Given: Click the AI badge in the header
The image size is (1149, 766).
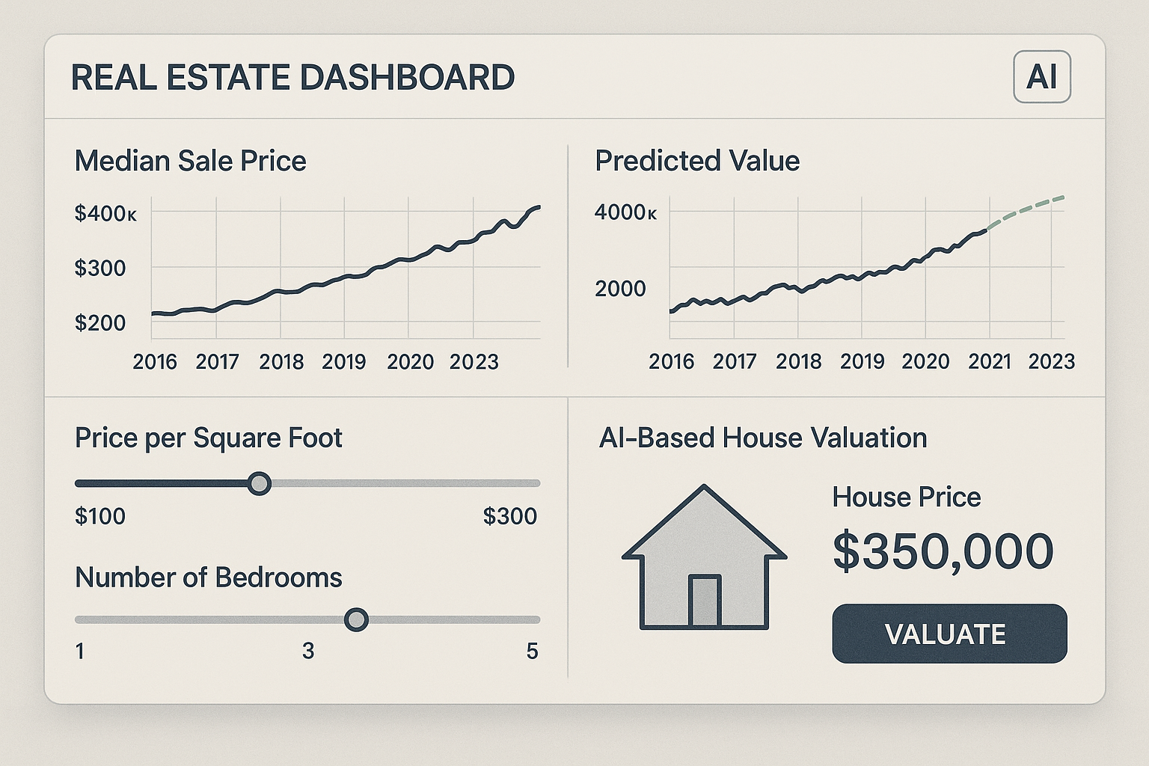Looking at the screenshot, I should click(1041, 77).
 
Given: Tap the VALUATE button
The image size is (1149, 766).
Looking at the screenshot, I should click(949, 634).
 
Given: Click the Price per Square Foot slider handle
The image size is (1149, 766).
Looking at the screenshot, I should click(259, 483).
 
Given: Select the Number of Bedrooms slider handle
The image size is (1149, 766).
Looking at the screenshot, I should click(356, 619).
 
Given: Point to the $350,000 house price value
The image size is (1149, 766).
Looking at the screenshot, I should click(943, 551).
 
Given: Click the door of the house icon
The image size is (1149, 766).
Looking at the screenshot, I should click(704, 601).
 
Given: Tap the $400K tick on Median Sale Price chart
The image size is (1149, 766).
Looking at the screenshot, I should click(105, 214).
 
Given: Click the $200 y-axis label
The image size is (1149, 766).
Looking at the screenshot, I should click(100, 323).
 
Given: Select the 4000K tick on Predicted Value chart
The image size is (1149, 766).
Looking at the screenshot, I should click(625, 212).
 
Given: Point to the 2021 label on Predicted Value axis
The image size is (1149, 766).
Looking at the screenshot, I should click(989, 362).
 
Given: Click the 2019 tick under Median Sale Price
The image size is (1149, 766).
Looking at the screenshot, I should click(343, 362).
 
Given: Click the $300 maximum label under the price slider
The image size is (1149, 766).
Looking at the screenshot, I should click(509, 516).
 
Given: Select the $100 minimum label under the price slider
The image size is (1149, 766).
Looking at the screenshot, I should click(100, 516).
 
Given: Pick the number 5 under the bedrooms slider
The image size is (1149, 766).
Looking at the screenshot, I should click(532, 652).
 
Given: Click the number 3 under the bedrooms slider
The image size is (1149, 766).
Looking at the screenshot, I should click(308, 652).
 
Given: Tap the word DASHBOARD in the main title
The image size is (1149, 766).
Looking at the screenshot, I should click(408, 78).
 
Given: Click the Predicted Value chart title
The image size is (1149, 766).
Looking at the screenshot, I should click(696, 161).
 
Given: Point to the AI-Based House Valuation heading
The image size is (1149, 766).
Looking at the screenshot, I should click(762, 438).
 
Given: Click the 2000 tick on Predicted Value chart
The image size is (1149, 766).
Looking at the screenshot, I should click(620, 289).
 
